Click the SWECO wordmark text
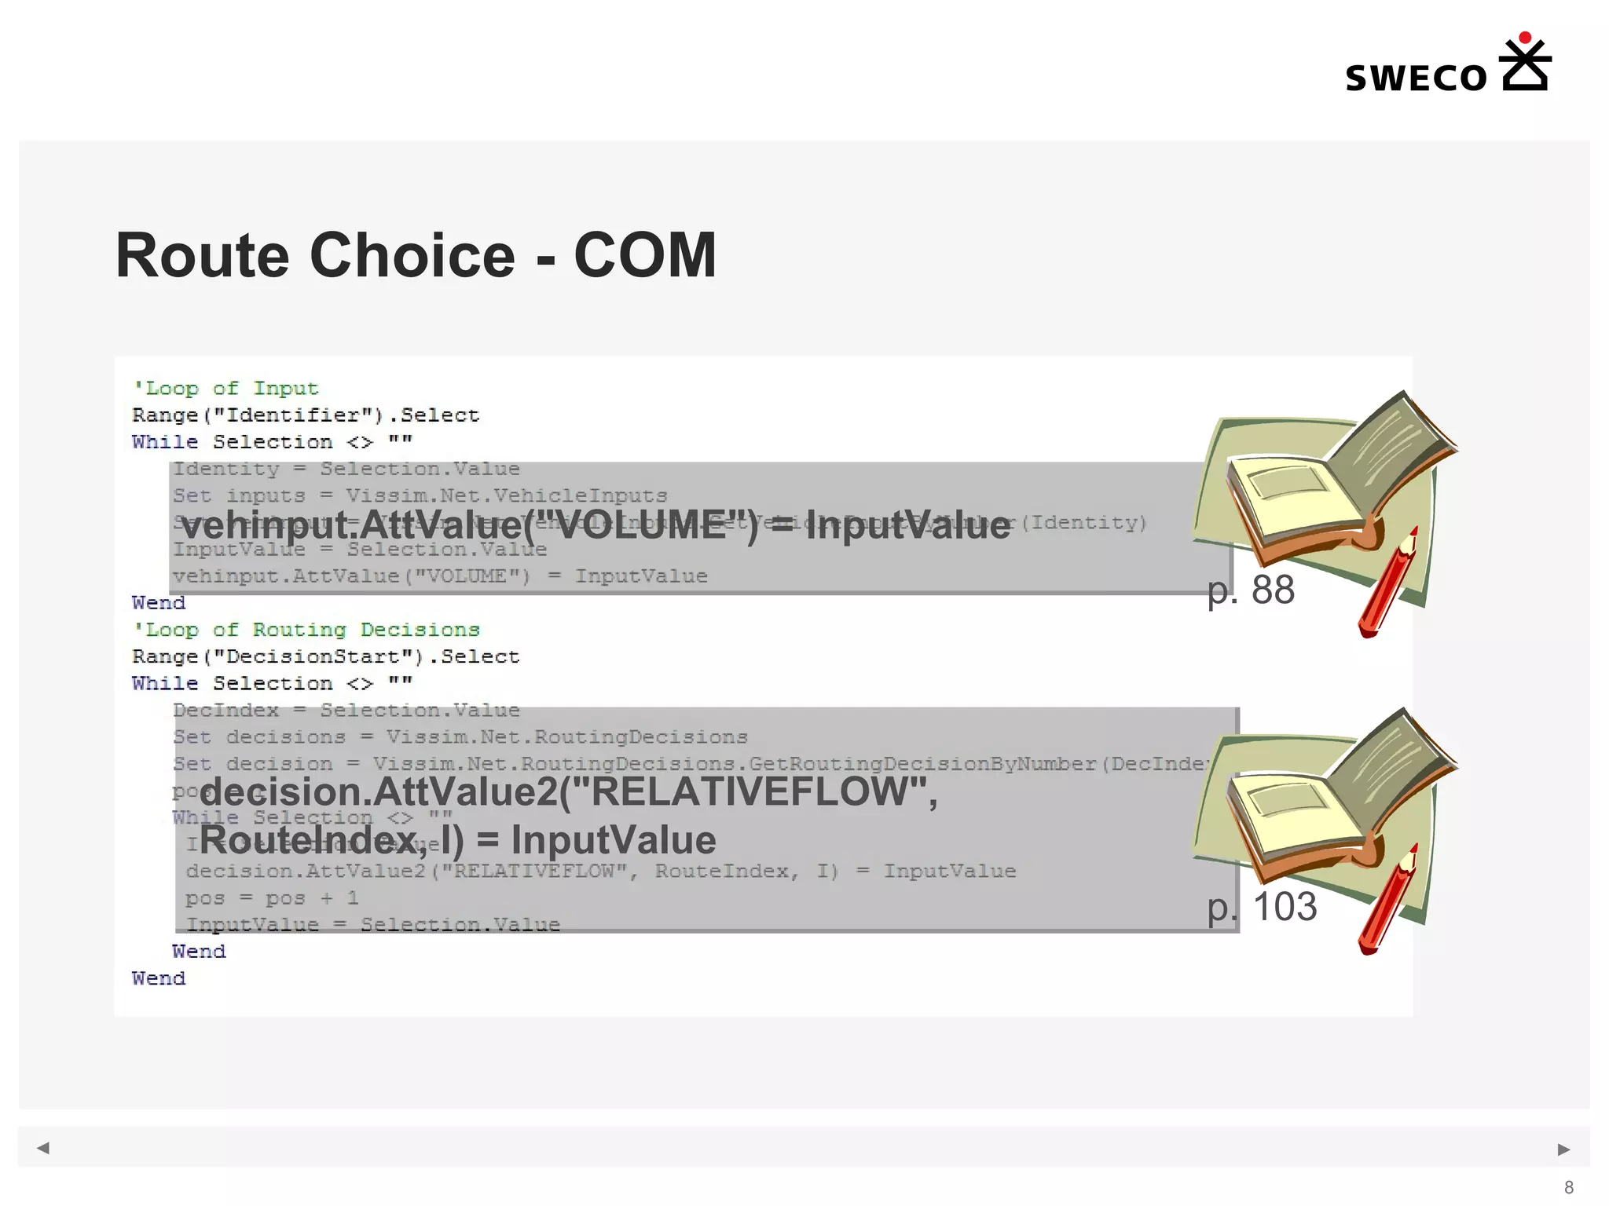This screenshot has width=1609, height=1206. coord(1416,79)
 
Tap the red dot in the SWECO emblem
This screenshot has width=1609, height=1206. coord(1525,38)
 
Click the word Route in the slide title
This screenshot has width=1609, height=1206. coord(207,256)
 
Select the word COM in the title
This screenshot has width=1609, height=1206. coord(644,256)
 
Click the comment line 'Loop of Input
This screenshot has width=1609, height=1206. coord(225,389)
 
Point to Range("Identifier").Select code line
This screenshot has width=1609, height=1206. coord(305,415)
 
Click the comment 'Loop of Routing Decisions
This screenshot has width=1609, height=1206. coord(306,630)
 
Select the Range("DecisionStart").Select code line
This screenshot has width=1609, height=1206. coord(325,656)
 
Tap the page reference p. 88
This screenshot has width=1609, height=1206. coord(1251,590)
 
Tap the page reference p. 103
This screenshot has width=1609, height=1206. coord(1262,907)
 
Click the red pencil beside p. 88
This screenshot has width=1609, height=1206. coord(1387,585)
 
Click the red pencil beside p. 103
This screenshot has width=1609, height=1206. coord(1387,901)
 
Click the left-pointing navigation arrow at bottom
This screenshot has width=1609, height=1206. coord(43,1148)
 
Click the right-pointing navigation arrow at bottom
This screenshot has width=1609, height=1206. coord(1563,1149)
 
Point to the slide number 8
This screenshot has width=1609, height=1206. coord(1569,1187)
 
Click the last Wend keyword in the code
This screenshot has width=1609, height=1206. coord(159,978)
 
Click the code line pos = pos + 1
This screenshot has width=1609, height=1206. coord(272,898)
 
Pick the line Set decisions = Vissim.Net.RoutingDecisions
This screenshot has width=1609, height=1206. coord(460,737)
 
